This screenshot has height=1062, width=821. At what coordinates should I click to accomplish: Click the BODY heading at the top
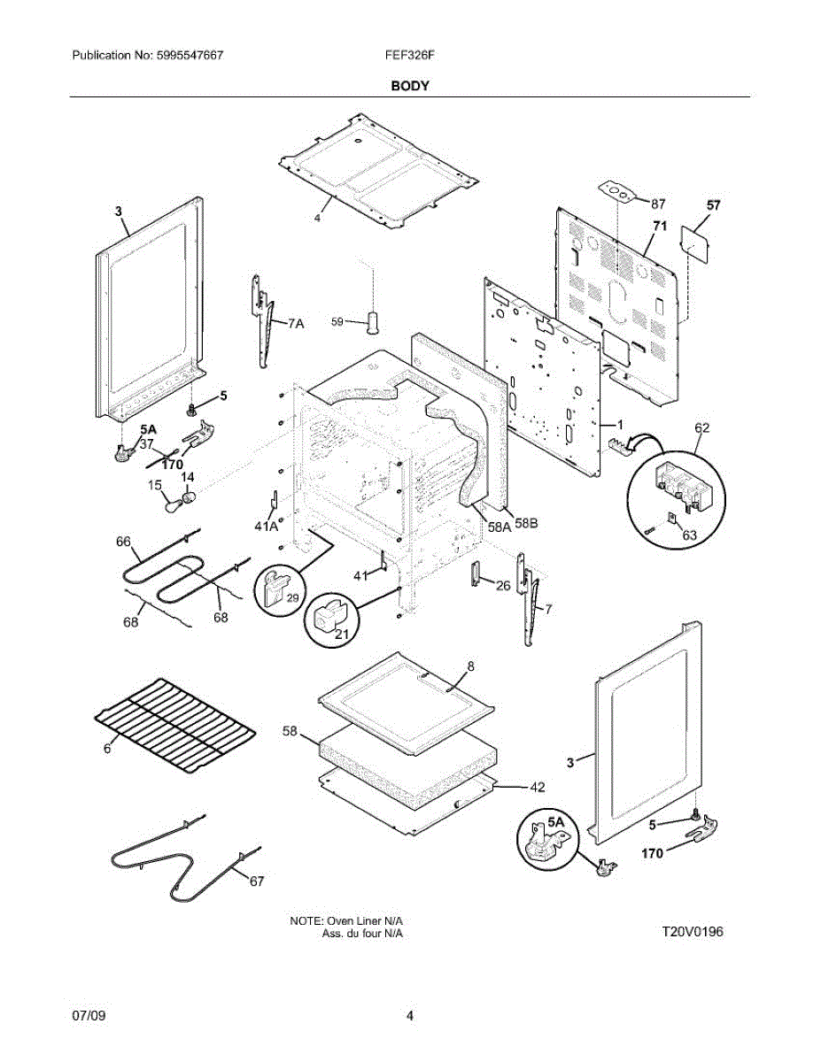tap(410, 86)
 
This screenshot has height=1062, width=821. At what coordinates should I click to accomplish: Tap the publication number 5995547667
tap(189, 55)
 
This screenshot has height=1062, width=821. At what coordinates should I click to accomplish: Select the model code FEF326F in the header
tap(411, 55)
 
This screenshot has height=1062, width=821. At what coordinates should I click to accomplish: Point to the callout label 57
tap(714, 206)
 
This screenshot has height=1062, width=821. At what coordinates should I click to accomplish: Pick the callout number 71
tap(659, 227)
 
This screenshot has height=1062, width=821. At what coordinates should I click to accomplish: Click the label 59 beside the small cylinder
tap(337, 322)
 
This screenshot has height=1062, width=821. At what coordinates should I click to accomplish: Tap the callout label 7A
tap(295, 325)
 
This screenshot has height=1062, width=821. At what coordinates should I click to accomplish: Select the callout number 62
tap(701, 428)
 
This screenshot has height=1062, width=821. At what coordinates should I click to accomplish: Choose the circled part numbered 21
tap(329, 619)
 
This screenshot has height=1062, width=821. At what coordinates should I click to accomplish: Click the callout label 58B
tap(525, 523)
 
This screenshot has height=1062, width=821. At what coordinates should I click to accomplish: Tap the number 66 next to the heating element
tap(123, 541)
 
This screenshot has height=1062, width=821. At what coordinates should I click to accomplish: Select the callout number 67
tap(256, 881)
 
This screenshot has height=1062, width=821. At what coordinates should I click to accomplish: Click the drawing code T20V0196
tap(693, 932)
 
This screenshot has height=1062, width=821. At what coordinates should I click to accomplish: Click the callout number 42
tap(537, 786)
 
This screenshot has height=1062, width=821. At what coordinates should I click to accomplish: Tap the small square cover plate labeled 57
tap(695, 242)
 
